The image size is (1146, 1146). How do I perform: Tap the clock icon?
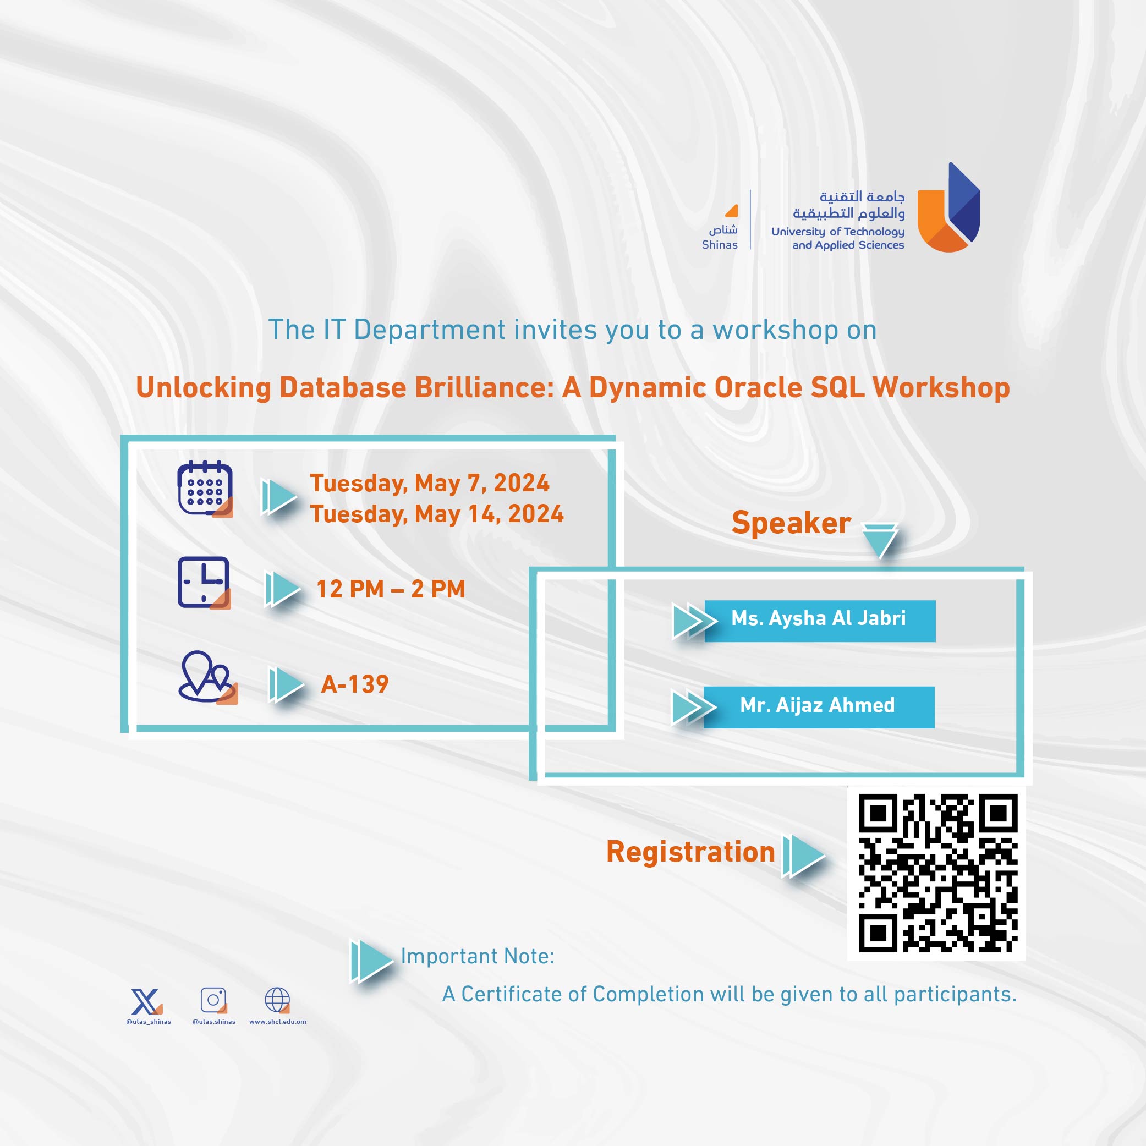tap(204, 582)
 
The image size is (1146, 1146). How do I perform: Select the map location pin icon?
tap(206, 677)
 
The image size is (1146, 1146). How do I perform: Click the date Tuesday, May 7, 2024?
tap(430, 483)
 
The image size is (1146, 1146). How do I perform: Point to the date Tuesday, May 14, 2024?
tap(437, 514)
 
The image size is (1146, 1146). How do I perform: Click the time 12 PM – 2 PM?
tap(390, 589)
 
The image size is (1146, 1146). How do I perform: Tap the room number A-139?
tap(355, 684)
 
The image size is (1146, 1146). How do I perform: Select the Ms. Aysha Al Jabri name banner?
tap(819, 621)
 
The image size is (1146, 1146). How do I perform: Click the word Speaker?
tap(791, 523)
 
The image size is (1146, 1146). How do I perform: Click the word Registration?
tap(690, 852)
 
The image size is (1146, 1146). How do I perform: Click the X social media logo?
tap(145, 1002)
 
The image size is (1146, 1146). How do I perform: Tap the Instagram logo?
tap(213, 1000)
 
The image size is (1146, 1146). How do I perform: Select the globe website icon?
tap(277, 1000)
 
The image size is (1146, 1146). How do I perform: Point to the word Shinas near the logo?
tap(720, 244)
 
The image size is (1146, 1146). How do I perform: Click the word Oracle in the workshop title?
tap(758, 387)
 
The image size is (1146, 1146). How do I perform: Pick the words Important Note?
tap(478, 956)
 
